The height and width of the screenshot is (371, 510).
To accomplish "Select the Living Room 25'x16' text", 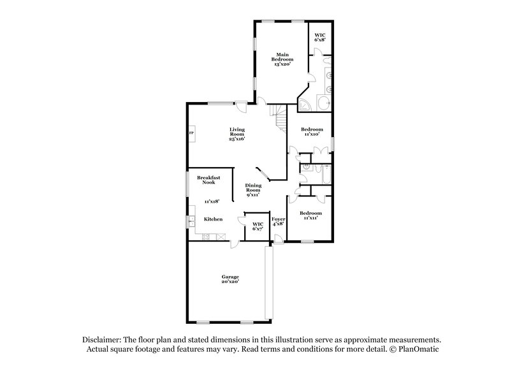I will click(237, 134).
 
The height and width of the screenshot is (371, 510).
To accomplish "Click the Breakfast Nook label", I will click(208, 180).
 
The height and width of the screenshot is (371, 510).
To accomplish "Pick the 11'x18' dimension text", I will click(211, 201).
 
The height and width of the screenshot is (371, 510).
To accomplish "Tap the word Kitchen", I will click(213, 219).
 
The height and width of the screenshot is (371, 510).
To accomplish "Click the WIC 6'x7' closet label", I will click(258, 226).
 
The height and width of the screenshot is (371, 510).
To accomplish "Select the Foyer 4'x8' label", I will click(278, 221).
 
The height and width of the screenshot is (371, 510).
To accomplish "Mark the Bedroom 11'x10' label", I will click(311, 131).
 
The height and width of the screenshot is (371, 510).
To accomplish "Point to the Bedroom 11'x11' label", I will click(310, 215).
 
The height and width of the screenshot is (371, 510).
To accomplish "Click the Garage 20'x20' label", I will click(230, 279).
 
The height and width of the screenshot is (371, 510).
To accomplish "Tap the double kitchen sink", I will click(191, 222).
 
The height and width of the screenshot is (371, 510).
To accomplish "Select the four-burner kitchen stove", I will click(207, 238).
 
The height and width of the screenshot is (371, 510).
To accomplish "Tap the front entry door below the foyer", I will click(278, 240).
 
